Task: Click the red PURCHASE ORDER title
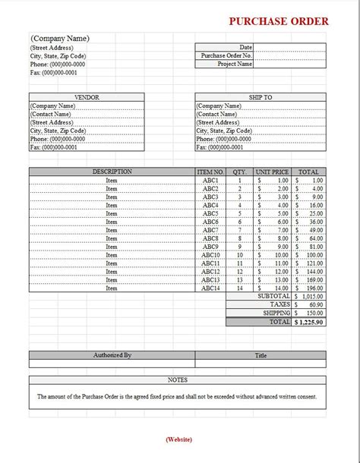coord(279,21)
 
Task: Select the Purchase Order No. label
coord(226,55)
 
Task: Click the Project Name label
coord(235,65)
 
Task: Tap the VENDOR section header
coord(87,97)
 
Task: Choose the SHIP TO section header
coord(261,97)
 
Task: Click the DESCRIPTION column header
coord(112,172)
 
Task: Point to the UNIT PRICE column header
coord(273,172)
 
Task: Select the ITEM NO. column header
coord(210,172)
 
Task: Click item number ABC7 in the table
coord(210,230)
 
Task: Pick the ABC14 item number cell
coord(210,288)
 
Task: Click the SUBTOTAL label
coord(275,297)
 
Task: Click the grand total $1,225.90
coord(308,322)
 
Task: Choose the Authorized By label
coord(112,354)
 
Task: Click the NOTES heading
coord(177,380)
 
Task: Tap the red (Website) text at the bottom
coord(178,439)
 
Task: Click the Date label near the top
coord(245,47)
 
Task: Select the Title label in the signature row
coord(261,354)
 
